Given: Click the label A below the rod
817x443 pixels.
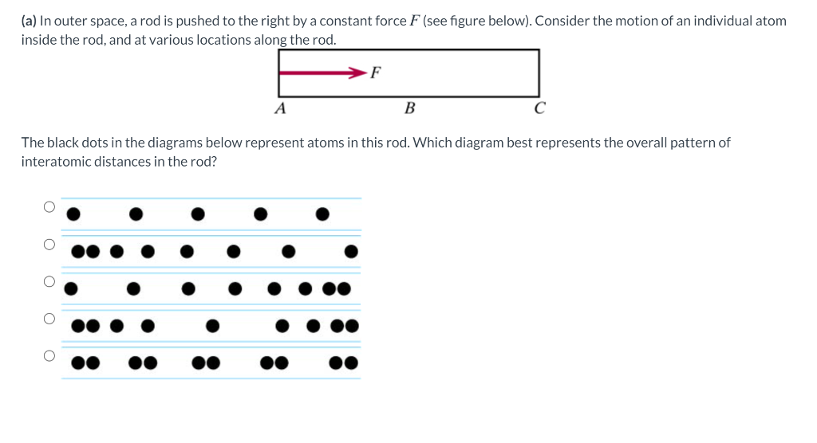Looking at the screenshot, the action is (x=280, y=108).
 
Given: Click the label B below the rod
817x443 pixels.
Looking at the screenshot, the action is (x=410, y=108).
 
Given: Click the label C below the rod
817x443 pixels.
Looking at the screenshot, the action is (x=540, y=108).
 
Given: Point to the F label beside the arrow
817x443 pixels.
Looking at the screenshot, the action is (x=377, y=73).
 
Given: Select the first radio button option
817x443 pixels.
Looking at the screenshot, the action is (x=49, y=207).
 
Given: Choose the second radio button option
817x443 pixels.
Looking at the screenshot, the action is (x=49, y=244).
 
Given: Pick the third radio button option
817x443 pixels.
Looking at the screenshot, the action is (x=49, y=281).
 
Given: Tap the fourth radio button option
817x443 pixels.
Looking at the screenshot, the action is (x=49, y=319).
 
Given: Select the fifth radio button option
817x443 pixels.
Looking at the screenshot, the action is (x=49, y=355).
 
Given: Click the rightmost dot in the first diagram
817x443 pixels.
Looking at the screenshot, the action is (x=322, y=214).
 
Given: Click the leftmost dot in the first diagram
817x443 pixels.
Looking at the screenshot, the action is (x=73, y=214).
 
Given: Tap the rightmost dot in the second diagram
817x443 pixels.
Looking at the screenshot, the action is (x=351, y=252).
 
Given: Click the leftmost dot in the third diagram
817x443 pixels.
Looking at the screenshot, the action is (x=72, y=288).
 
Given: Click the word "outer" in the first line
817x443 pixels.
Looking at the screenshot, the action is (x=70, y=21).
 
